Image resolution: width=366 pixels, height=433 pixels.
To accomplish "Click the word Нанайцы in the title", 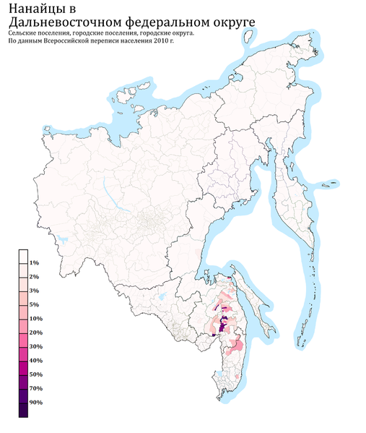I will (x=35, y=9).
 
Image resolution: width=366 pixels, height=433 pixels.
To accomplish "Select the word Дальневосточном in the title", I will (x=64, y=23).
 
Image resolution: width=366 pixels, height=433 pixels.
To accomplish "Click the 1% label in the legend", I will (x=35, y=263).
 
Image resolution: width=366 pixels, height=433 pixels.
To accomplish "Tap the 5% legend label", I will (x=35, y=305).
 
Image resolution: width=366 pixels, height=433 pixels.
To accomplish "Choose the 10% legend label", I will (x=36, y=319).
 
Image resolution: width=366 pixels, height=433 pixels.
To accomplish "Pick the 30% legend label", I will (x=36, y=346).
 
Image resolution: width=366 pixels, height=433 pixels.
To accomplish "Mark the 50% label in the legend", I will (x=36, y=374).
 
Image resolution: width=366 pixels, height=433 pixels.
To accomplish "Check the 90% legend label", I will (x=36, y=402).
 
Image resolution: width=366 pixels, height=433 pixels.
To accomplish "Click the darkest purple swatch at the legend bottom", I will (x=24, y=410).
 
